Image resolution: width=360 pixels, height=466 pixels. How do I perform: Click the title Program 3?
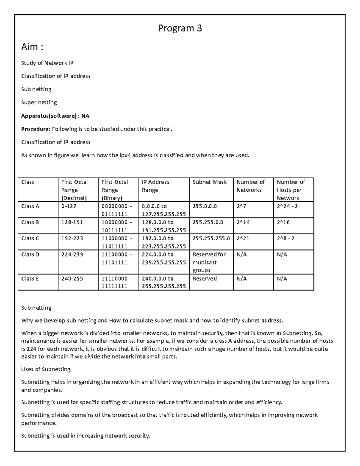point(180,28)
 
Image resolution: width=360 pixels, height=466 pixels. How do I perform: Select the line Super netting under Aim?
point(39,102)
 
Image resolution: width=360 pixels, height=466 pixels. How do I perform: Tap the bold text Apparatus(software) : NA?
point(55,116)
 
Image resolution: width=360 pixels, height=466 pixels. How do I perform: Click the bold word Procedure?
point(35,129)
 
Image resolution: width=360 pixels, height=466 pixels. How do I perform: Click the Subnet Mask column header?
point(209,182)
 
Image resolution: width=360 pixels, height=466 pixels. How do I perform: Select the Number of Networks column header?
point(250,186)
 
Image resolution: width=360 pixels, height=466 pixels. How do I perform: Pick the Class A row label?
point(30,206)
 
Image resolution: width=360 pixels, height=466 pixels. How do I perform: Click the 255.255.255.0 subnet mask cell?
point(211,239)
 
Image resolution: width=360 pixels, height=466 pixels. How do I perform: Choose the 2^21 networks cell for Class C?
point(243,239)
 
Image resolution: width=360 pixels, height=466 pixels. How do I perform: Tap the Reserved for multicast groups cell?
point(209,262)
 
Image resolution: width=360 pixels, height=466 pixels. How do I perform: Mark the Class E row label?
point(30,278)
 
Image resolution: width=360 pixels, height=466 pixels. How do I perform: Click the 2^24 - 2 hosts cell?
point(287,206)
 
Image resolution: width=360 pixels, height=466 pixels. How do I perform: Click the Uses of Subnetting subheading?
point(46,369)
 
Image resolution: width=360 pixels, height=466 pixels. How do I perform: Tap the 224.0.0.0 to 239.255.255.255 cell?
point(163,258)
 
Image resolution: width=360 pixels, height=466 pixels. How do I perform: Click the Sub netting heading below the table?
point(36,308)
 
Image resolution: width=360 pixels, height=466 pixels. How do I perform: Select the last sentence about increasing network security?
point(85,436)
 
